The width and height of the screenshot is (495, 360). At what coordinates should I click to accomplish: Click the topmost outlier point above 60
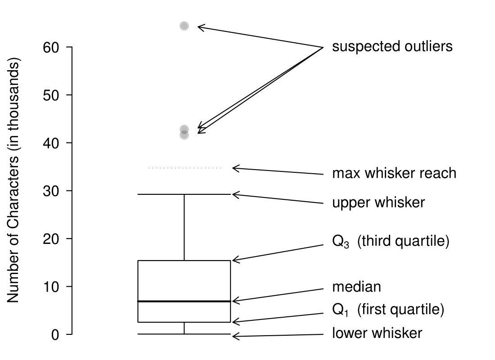tap(184, 26)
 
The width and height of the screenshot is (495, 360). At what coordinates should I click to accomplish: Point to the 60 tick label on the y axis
tap(52, 47)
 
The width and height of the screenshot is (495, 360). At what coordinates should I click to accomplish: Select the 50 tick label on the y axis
tap(52, 95)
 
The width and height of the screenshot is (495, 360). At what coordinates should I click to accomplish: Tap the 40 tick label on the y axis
tap(52, 143)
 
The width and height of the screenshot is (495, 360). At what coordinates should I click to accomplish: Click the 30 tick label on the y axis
tap(52, 191)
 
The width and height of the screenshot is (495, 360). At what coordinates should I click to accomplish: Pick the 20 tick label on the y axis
tap(52, 238)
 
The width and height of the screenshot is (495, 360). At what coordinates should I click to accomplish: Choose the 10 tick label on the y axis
tap(52, 287)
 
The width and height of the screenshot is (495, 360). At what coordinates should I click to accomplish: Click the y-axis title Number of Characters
tap(13, 180)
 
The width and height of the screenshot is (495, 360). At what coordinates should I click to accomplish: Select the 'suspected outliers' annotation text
tap(392, 47)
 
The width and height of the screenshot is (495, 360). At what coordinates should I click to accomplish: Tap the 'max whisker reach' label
tap(394, 173)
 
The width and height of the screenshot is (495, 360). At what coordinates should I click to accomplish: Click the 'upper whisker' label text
tap(378, 202)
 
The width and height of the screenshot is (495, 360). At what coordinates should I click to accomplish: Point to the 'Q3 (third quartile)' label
tap(391, 242)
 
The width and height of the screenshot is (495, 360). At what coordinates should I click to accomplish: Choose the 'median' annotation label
tap(356, 287)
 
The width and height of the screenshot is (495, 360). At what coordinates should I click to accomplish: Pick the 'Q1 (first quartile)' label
tap(388, 310)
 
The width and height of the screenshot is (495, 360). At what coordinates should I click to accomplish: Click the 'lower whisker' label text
tap(377, 333)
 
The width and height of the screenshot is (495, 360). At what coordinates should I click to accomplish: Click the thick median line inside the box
tap(184, 301)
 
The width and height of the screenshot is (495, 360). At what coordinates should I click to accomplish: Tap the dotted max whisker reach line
tap(185, 168)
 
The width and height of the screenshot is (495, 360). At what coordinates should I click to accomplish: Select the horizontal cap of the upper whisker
tap(184, 194)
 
